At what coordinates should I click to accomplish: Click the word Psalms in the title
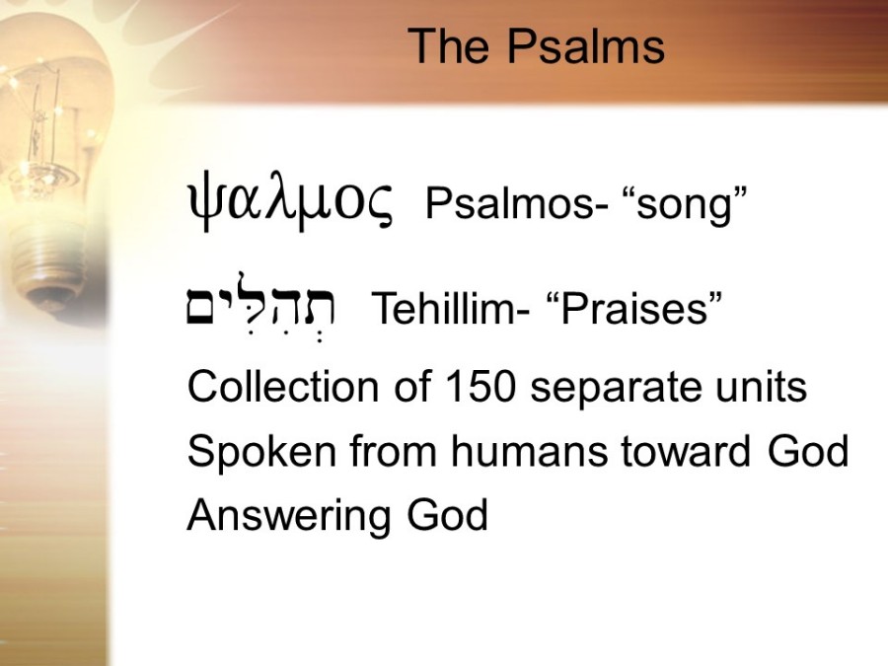click(585, 45)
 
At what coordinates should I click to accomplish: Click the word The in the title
click(448, 45)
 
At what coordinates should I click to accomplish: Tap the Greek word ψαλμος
click(289, 204)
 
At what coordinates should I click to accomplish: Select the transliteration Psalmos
click(508, 204)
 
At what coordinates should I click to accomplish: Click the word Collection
click(283, 387)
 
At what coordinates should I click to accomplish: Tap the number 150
click(481, 387)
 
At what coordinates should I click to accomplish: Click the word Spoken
click(261, 452)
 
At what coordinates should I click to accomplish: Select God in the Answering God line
click(447, 515)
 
